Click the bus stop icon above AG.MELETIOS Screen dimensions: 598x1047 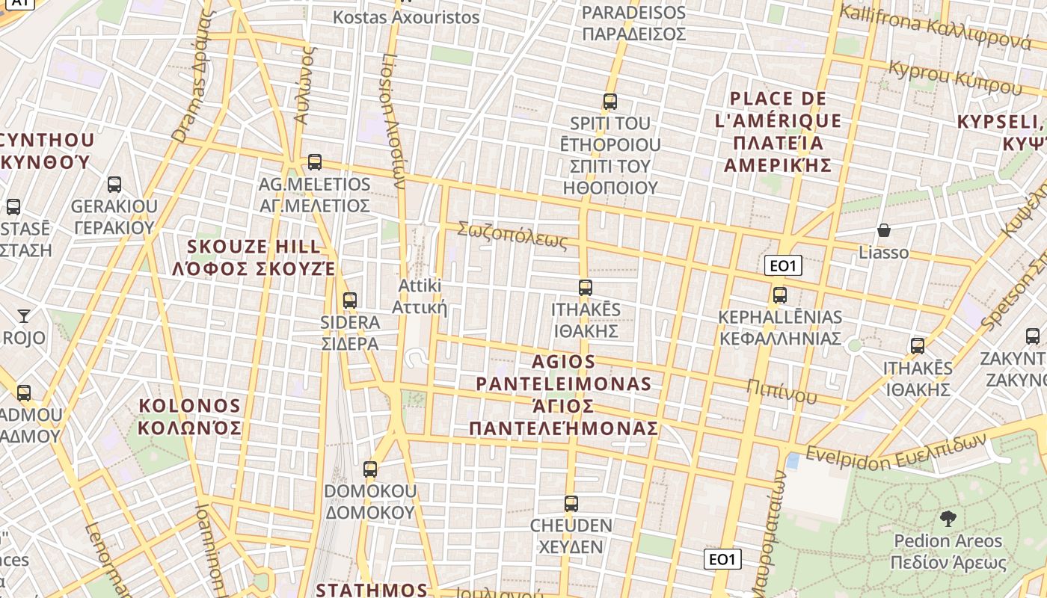point(315,162)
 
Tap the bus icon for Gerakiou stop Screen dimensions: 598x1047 point(114,185)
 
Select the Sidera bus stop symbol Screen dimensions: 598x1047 point(349,300)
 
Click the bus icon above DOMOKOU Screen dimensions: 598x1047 point(370,469)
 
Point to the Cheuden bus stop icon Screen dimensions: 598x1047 point(571,504)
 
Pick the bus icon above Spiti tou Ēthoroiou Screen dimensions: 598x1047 point(610,102)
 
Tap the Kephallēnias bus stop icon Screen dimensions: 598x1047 point(780,295)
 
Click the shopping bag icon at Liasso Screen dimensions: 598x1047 point(884,230)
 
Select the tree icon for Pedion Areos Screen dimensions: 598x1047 point(948,518)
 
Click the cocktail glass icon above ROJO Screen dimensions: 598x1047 point(24,316)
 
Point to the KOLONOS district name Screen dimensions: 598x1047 point(190,416)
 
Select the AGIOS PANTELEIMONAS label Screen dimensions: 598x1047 point(564,395)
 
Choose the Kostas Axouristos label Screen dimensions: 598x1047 point(406,16)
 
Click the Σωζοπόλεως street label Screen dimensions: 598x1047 point(513,234)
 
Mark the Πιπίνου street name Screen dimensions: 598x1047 point(782,390)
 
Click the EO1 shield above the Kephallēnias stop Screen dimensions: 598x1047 point(783,265)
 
